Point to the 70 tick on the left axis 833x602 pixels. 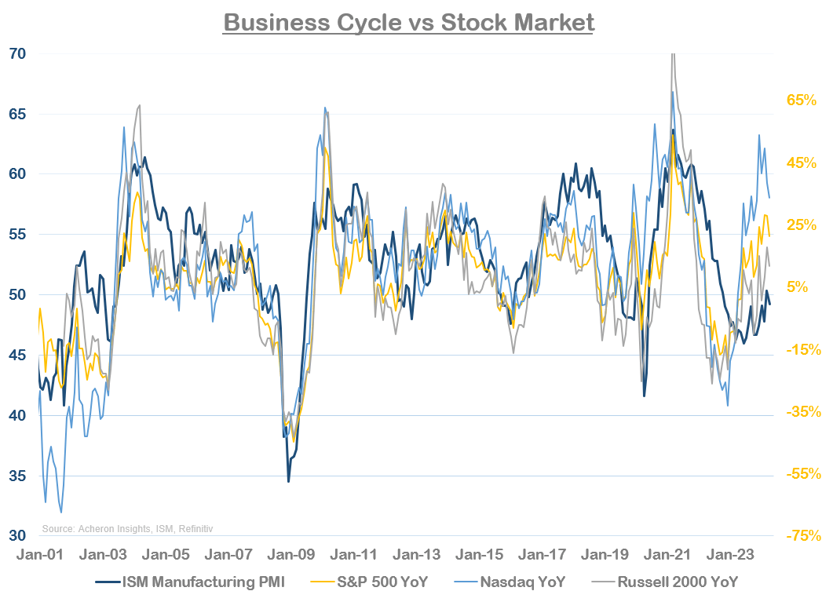click(16, 54)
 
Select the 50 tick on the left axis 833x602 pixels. click(16, 295)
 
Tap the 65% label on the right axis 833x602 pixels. click(802, 100)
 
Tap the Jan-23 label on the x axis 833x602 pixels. click(729, 554)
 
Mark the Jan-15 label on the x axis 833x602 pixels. click(478, 554)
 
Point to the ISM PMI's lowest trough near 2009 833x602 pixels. click(288, 481)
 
